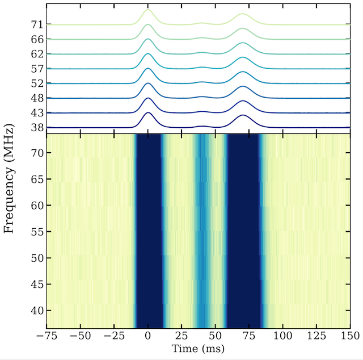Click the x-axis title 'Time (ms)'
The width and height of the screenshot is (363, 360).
tap(198, 348)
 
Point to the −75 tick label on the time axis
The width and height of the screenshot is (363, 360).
tap(45, 334)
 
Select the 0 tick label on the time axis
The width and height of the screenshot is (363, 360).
tap(147, 334)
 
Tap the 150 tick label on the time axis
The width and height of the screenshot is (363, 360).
tap(349, 334)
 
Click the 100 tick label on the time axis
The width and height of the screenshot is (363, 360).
tap(282, 334)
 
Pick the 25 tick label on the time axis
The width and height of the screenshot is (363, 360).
tap(181, 334)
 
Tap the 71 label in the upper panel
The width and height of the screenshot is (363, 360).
tap(37, 24)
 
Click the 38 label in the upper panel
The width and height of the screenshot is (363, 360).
tap(37, 127)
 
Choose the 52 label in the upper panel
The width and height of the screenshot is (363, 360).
tap(37, 83)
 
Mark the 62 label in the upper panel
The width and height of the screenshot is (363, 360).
tap(37, 54)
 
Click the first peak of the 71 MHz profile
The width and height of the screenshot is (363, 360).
tap(147, 10)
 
